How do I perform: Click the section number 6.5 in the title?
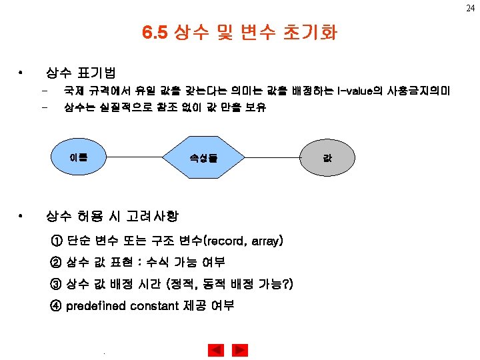pyautogui.click(x=155, y=32)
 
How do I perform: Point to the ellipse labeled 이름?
pyautogui.click(x=78, y=158)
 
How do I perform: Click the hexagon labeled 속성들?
pyautogui.click(x=203, y=158)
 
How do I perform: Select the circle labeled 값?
pyautogui.click(x=327, y=158)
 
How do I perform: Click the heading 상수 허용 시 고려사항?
pyautogui.click(x=111, y=216)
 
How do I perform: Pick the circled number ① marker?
pyautogui.click(x=55, y=241)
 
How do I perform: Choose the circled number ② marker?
pyautogui.click(x=55, y=262)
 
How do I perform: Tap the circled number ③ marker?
pyautogui.click(x=55, y=284)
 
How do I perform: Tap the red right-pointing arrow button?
pyautogui.click(x=240, y=349)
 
